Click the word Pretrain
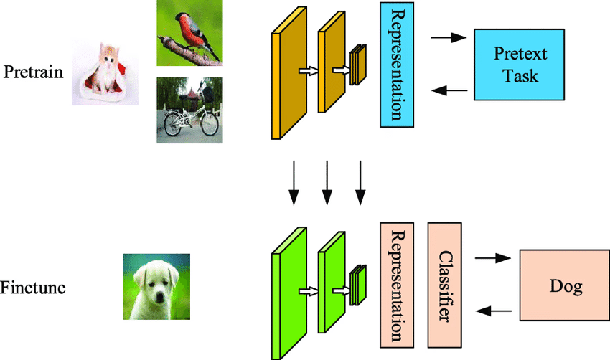[x=33, y=73]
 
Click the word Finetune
[x=33, y=288]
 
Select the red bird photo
[x=189, y=33]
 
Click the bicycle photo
[x=189, y=110]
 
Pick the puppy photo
[x=156, y=287]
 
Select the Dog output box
[x=563, y=286]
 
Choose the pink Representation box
[x=397, y=283]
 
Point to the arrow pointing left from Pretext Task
[x=450, y=91]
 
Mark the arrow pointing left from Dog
[x=495, y=311]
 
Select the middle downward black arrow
[x=327, y=181]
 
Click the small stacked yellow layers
[x=359, y=65]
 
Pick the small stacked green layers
[x=359, y=284]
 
